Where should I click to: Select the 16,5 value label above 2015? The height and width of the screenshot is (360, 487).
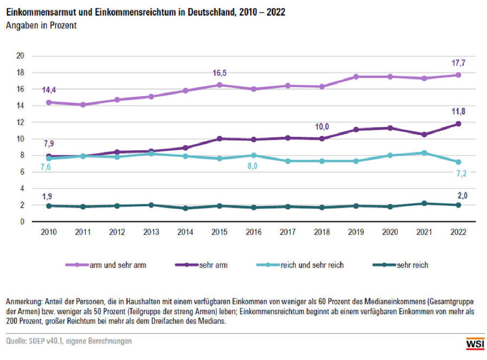click(x=220, y=73)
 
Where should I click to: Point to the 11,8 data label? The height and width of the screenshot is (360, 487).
click(x=458, y=111)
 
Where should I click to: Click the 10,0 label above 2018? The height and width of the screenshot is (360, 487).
click(x=322, y=127)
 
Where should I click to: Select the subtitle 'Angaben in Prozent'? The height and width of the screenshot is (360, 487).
click(x=41, y=26)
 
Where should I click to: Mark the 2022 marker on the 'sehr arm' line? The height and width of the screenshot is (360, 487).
click(x=458, y=124)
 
